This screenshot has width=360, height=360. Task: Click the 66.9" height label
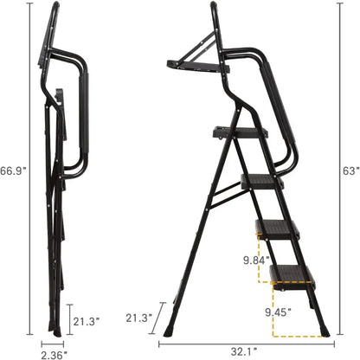(x=13, y=171)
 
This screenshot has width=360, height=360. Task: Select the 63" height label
(x=350, y=171)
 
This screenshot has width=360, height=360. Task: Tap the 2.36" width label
(x=54, y=353)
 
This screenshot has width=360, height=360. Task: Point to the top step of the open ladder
(x=237, y=132)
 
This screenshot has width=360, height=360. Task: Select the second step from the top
(x=261, y=181)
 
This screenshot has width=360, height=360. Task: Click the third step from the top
(x=277, y=228)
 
